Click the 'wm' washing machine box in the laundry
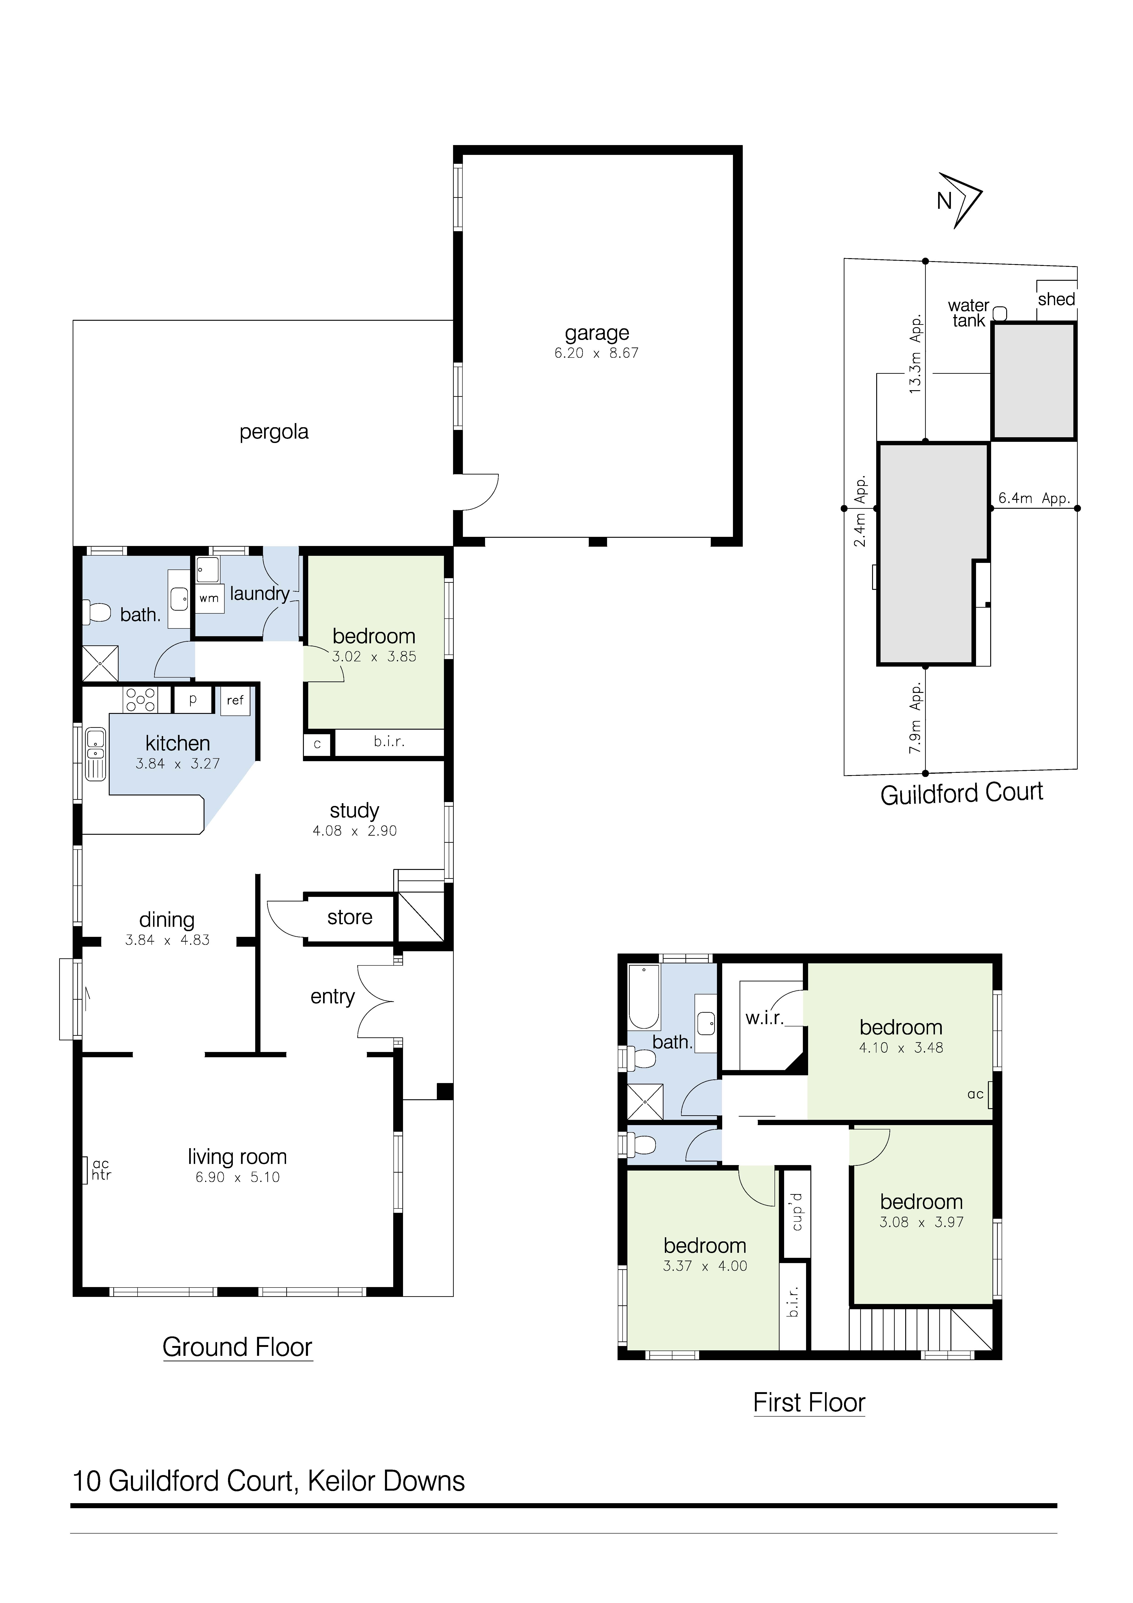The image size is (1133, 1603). pos(209,598)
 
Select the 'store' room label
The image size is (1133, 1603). pos(350,917)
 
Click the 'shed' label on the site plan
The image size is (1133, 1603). pos(1056,299)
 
